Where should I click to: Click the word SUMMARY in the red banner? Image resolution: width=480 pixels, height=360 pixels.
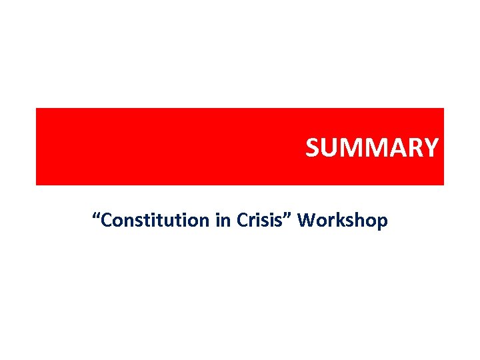pyautogui.click(x=371, y=147)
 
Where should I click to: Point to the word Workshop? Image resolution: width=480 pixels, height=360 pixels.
pyautogui.click(x=343, y=220)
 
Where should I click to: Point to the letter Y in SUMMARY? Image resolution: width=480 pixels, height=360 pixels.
pyautogui.click(x=431, y=147)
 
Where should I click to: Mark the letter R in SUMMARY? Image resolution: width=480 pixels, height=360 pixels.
pyautogui.click(x=414, y=147)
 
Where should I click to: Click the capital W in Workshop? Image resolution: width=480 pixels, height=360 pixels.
pyautogui.click(x=307, y=219)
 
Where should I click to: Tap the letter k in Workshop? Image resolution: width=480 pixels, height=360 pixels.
pyautogui.click(x=340, y=219)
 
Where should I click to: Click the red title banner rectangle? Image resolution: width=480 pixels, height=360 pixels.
pyautogui.click(x=167, y=147)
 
